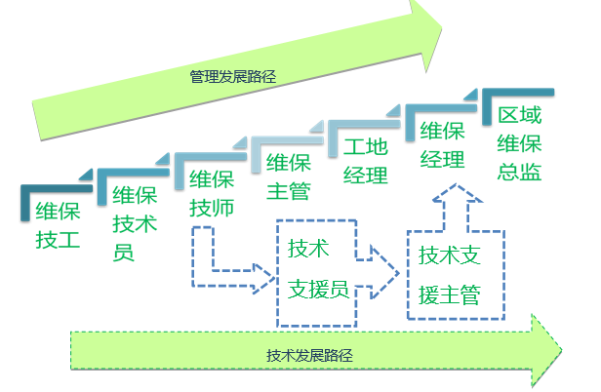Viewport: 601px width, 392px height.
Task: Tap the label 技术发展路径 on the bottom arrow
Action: point(309,355)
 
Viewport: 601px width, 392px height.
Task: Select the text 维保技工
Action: point(58,224)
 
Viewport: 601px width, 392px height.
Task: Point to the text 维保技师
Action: point(212,193)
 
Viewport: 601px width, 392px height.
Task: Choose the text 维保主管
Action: point(290,176)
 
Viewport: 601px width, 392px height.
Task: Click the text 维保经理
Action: point(442,144)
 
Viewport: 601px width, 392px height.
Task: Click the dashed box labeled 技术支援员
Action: point(317,270)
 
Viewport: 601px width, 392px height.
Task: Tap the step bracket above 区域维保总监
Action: point(518,95)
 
